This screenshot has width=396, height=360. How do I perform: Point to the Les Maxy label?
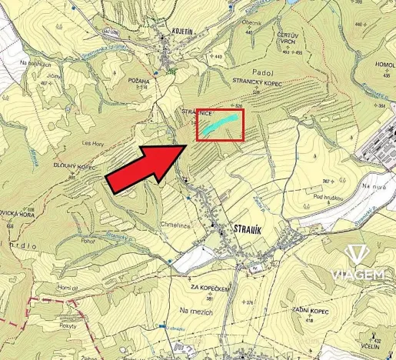[92, 143]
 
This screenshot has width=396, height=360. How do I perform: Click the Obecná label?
[251, 23]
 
